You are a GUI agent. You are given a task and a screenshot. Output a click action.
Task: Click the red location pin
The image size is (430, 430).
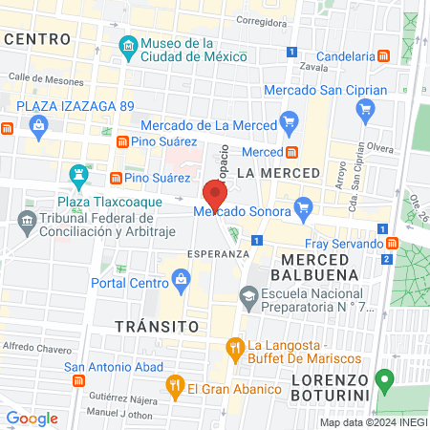[x=214, y=195]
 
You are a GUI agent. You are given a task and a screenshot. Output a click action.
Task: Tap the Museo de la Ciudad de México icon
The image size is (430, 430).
[x=127, y=46]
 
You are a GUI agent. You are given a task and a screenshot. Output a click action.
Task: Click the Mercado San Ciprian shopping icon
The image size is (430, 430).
[x=364, y=110]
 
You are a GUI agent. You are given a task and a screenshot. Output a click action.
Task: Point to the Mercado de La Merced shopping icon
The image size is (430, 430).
[x=289, y=121]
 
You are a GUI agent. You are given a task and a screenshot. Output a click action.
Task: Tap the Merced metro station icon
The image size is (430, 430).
[x=291, y=152]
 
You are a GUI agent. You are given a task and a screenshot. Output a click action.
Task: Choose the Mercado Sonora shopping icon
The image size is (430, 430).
[x=304, y=204]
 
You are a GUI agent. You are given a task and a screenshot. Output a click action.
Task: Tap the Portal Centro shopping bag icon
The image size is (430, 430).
[x=179, y=279]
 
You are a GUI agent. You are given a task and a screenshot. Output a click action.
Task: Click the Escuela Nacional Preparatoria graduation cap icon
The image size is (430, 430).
[x=248, y=298]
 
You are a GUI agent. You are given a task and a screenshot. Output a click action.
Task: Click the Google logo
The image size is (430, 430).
[x=32, y=418]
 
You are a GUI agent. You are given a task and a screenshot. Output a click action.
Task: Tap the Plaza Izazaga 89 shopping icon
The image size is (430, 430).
[x=38, y=125]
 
